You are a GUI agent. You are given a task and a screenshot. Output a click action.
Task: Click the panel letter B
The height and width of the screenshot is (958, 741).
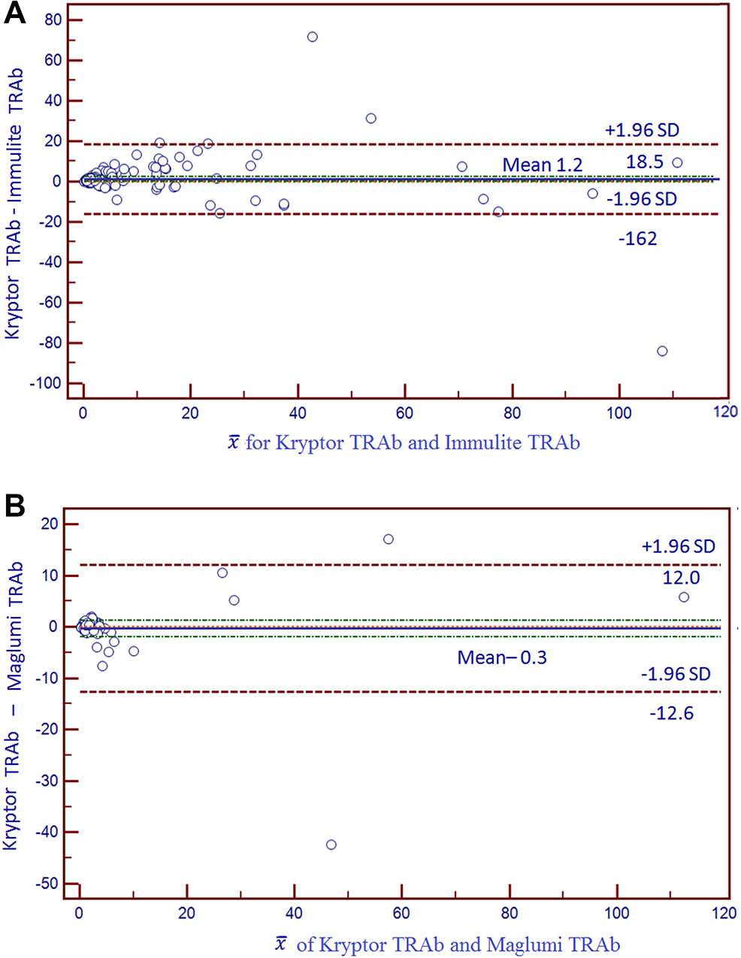pyautogui.click(x=15, y=506)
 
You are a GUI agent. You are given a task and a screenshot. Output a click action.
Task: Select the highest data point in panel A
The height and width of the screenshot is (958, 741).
pyautogui.click(x=312, y=37)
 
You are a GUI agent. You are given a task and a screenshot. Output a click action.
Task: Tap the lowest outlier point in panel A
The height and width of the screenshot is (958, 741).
pyautogui.click(x=662, y=351)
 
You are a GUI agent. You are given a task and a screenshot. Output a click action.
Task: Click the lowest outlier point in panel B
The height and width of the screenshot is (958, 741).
pyautogui.click(x=331, y=845)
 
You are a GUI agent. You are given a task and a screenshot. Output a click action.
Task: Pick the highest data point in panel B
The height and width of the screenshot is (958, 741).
pyautogui.click(x=389, y=539)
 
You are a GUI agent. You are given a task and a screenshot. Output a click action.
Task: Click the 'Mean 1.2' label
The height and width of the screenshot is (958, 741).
pyautogui.click(x=542, y=165)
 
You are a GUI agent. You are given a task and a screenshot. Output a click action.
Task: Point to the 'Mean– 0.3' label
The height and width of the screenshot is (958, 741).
pyautogui.click(x=502, y=657)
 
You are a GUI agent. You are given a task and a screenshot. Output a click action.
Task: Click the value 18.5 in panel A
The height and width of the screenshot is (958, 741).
pyautogui.click(x=645, y=162)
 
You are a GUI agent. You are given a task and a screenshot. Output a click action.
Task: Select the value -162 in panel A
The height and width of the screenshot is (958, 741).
pyautogui.click(x=637, y=239)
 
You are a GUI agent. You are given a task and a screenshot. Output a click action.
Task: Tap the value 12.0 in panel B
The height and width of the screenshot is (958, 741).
pyautogui.click(x=681, y=577)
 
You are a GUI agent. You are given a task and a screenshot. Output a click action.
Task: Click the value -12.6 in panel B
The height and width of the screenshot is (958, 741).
pyautogui.click(x=671, y=713)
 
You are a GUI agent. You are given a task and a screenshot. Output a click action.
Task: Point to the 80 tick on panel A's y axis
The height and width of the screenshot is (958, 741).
pyautogui.click(x=53, y=20)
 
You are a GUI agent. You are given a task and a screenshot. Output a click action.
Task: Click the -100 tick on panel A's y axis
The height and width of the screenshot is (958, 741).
pyautogui.click(x=45, y=383)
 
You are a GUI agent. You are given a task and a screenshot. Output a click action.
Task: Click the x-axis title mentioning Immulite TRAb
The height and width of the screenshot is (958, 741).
pyautogui.click(x=404, y=443)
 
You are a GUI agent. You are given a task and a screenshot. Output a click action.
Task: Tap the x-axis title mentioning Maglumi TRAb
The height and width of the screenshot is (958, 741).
pyautogui.click(x=448, y=944)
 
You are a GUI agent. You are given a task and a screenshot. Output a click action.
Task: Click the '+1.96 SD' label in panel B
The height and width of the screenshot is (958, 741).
pyautogui.click(x=678, y=546)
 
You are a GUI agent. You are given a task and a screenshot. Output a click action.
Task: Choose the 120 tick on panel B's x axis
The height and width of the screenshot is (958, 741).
pyautogui.click(x=724, y=913)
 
